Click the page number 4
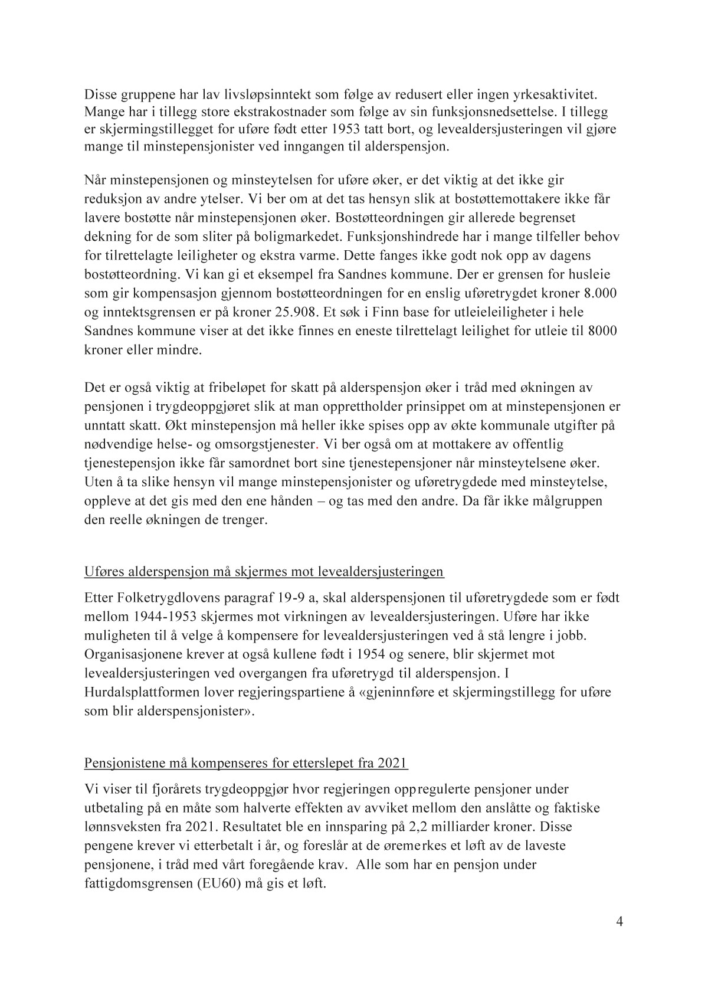click(619, 922)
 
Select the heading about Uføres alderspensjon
click(264, 572)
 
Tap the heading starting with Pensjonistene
click(246, 763)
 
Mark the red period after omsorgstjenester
click(319, 444)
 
